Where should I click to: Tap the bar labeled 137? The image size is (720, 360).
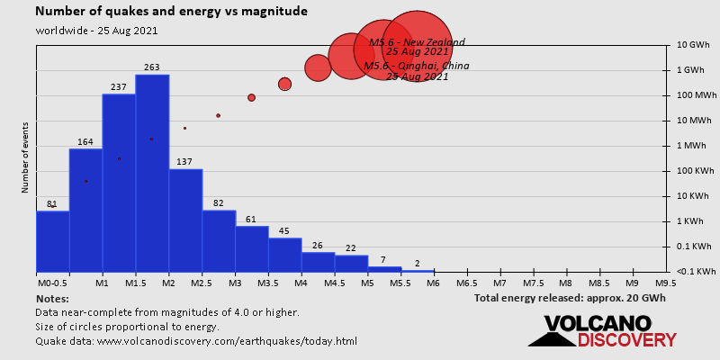pos(185,220)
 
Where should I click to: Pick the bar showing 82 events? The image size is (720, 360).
pos(219,241)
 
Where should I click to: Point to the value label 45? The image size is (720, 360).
pos(284,231)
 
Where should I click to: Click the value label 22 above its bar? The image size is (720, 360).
pos(351,248)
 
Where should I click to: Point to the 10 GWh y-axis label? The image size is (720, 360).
pos(693,45)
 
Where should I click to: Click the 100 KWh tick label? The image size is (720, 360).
pos(693,171)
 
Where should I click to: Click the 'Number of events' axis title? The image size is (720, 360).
pos(25,158)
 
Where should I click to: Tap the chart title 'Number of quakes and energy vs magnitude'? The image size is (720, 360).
pos(171,12)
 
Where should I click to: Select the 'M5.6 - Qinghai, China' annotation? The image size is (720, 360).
pos(417,66)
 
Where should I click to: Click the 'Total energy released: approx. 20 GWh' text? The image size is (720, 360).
pos(570,298)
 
